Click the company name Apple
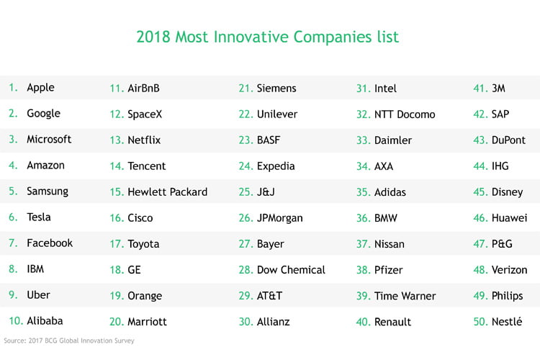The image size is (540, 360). click(40, 88)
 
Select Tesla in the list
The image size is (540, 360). click(39, 217)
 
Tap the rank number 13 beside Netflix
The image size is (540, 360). click(117, 140)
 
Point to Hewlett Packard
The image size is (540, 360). click(167, 192)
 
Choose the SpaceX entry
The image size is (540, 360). click(145, 114)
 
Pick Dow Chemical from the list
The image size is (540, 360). click(291, 270)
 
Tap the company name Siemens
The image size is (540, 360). click(276, 88)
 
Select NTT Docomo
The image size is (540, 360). click(405, 114)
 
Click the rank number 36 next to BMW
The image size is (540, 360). click(364, 218)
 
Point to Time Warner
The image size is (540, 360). click(405, 296)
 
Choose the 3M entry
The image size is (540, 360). click(498, 88)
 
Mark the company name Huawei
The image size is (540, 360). click(509, 217)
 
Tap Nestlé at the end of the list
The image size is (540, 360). click(507, 321)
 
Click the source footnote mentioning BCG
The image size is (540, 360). click(69, 341)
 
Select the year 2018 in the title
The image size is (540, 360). click(153, 37)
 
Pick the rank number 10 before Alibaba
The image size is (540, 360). click(16, 321)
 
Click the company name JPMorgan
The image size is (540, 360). click(280, 218)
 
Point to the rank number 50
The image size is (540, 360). click(481, 322)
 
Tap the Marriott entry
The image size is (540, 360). click(147, 322)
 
